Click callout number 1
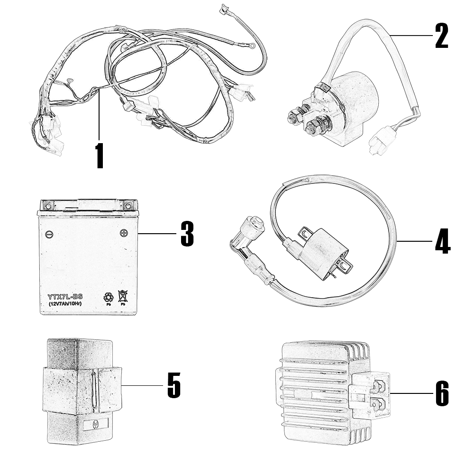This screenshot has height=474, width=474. coord(99,155)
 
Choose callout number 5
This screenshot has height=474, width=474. coord(174,385)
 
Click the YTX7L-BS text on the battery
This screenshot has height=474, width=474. coord(65,297)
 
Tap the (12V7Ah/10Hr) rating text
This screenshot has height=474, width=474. coord(65,303)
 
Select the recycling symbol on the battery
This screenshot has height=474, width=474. coord(109,297)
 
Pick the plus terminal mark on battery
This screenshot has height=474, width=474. coord(124,233)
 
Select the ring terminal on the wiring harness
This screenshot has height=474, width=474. coord(253,46)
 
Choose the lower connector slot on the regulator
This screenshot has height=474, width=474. coord(378,404)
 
